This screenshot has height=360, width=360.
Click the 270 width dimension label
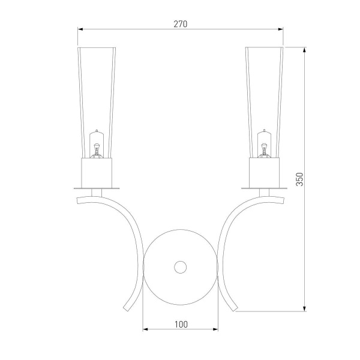point(181,24)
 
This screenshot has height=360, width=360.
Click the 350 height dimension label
point(299,179)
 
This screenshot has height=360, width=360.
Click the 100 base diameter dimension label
point(181,325)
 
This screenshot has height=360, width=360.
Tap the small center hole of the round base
point(180,267)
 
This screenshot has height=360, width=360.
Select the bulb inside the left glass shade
point(97,144)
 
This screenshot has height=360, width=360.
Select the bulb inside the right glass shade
point(264,144)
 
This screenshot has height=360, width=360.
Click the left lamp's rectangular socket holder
point(97,173)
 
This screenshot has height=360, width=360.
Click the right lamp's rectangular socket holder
point(264,172)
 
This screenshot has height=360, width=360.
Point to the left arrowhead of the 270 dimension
point(80,29)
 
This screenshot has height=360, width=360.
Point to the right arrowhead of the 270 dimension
point(281,29)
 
